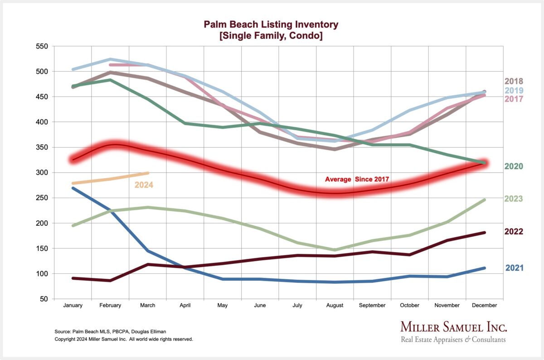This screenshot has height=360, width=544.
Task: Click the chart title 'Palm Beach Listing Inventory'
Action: pyautogui.click(x=271, y=24)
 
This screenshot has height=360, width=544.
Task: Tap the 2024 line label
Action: pyautogui.click(x=144, y=185)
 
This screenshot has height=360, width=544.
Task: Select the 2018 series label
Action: pyautogui.click(x=514, y=82)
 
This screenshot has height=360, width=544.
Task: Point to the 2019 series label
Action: pyautogui.click(x=514, y=90)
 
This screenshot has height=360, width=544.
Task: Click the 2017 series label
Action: pyautogui.click(x=514, y=99)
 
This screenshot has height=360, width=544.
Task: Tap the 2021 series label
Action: pyautogui.click(x=514, y=268)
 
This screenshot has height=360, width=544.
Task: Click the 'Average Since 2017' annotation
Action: pyautogui.click(x=357, y=180)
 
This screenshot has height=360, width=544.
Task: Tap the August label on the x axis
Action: pyautogui.click(x=335, y=306)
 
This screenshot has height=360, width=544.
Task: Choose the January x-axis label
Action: pyautogui.click(x=73, y=306)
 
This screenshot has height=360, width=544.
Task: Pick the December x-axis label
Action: pyautogui.click(x=485, y=306)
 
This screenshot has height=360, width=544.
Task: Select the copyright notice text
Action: pyautogui.click(x=124, y=339)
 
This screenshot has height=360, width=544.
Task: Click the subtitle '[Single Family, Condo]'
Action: pyautogui.click(x=271, y=35)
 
